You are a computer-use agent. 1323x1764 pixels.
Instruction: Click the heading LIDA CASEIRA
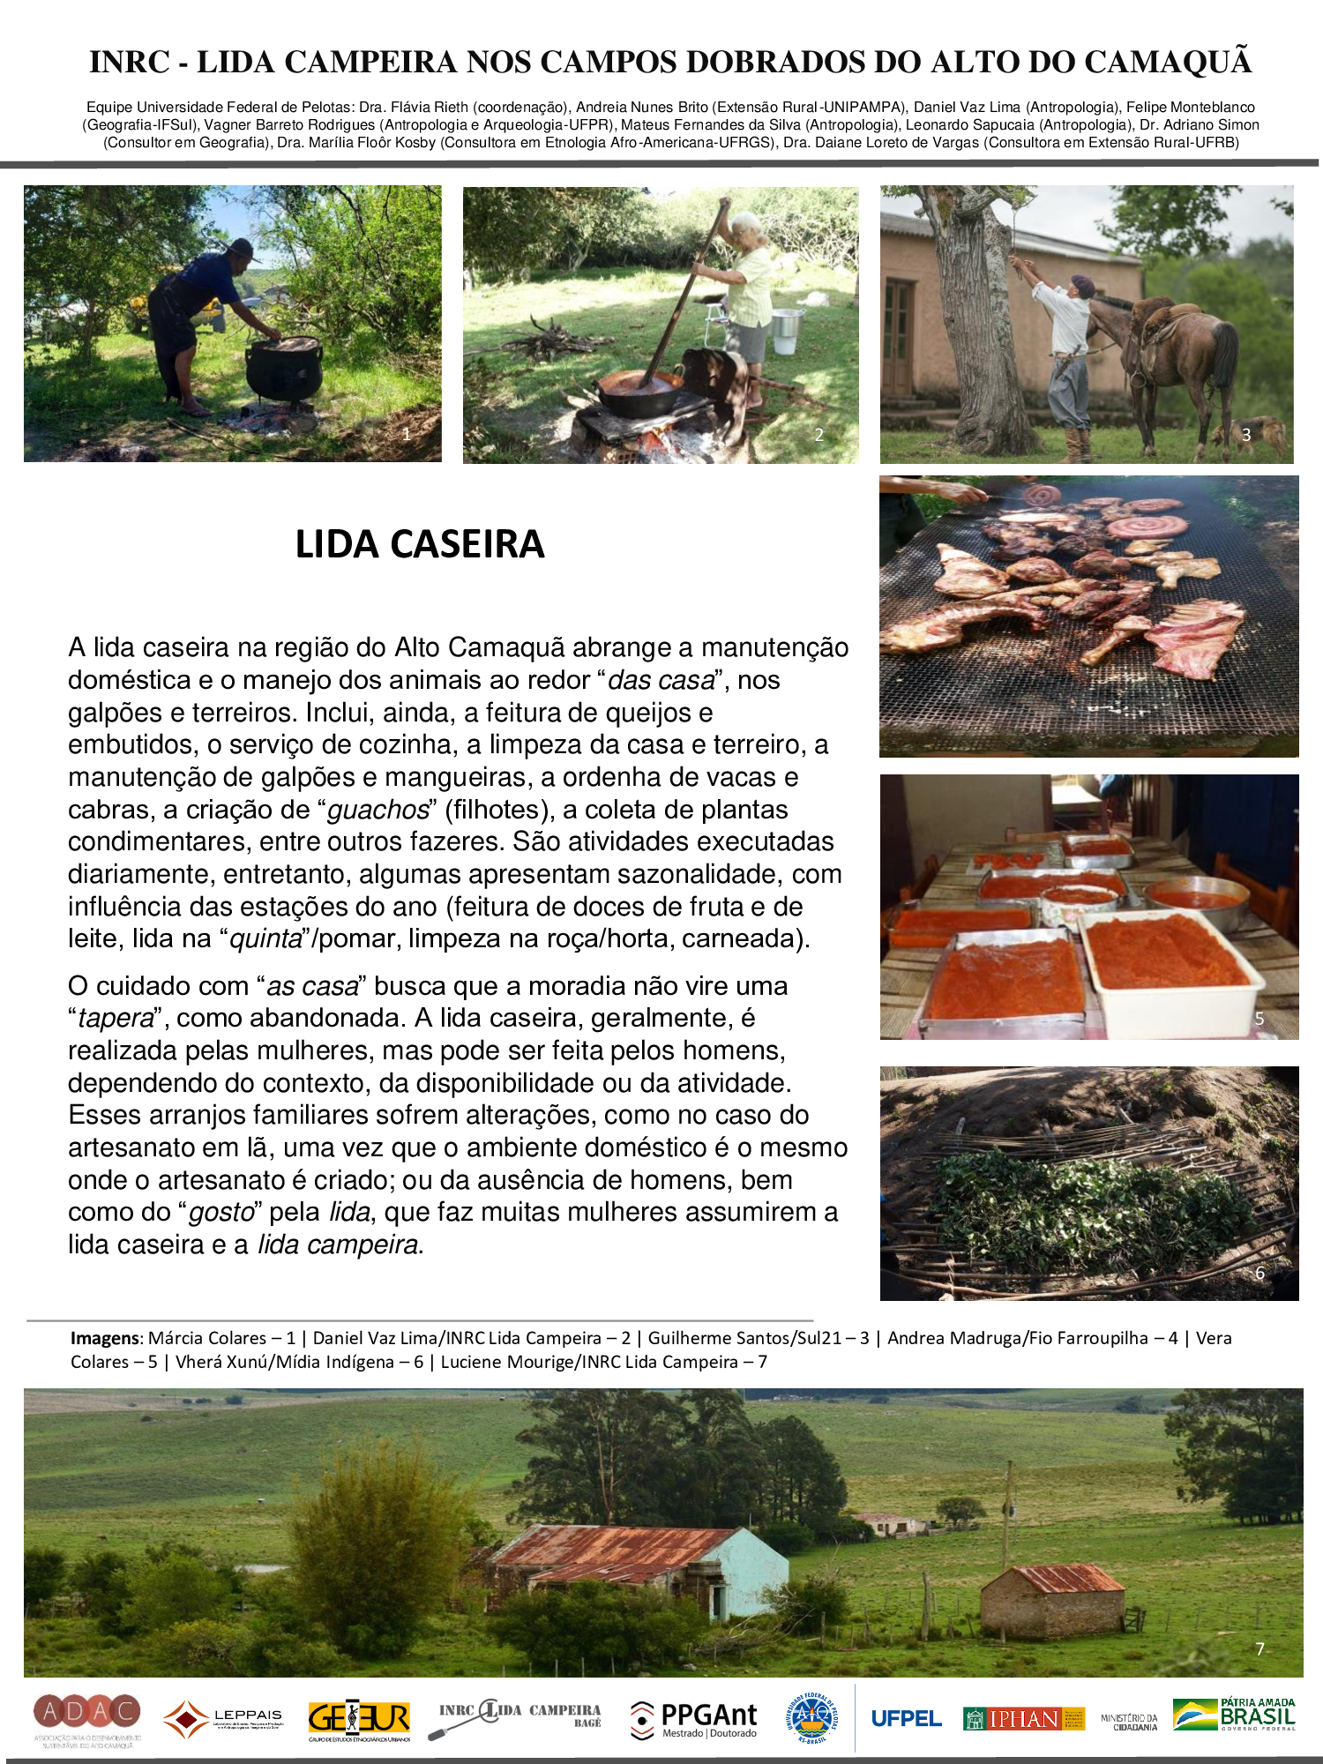[x=420, y=544]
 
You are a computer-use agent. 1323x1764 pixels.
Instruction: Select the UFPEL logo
[x=906, y=1718]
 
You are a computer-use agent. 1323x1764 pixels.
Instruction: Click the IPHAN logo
[x=1023, y=1718]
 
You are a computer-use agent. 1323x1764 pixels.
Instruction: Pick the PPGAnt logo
[x=694, y=1718]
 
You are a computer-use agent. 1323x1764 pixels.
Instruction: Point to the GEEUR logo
[x=359, y=1718]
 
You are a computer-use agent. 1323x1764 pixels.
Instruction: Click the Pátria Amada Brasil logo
[x=1234, y=1715]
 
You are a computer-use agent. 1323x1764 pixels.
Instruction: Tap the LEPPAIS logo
[x=223, y=1718]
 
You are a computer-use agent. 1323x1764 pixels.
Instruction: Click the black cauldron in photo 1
[x=282, y=368]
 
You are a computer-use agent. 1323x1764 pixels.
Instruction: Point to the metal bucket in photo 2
[x=786, y=329]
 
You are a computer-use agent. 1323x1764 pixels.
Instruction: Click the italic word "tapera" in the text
[x=116, y=1018]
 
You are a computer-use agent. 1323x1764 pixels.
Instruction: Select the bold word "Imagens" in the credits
[x=105, y=1338]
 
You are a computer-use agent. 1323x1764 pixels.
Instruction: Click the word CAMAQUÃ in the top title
[x=1167, y=63]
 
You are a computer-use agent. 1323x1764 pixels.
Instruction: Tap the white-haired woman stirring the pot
[x=748, y=282]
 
